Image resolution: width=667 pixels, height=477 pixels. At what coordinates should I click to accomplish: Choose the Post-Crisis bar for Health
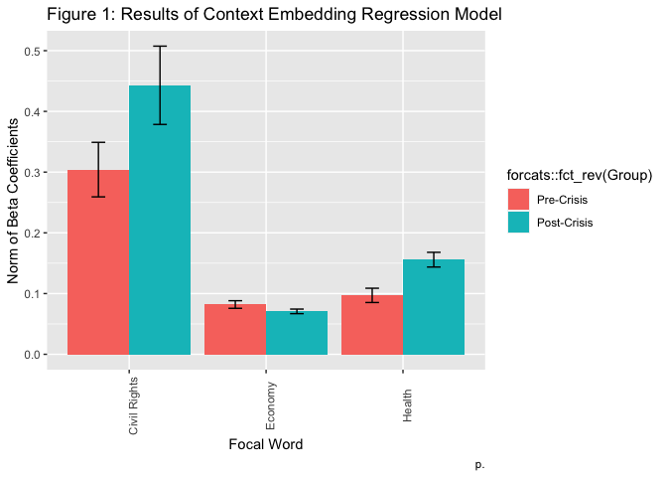[x=434, y=307]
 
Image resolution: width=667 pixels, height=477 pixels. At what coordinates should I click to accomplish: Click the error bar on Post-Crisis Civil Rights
[x=159, y=84]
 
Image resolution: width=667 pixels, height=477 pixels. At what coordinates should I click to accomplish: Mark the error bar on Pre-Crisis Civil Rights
[x=97, y=169]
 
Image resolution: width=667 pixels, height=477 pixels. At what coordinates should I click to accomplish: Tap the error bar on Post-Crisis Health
[x=434, y=260]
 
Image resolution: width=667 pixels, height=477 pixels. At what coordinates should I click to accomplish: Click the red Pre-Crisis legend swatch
[x=518, y=201]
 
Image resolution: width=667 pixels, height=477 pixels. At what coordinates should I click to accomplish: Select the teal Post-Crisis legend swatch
[x=518, y=223]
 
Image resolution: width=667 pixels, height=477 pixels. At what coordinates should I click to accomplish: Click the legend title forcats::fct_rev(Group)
[x=579, y=176]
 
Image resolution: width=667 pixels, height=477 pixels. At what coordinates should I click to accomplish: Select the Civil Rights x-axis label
[x=134, y=405]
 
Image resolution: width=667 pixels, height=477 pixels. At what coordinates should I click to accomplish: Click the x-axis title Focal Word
[x=265, y=444]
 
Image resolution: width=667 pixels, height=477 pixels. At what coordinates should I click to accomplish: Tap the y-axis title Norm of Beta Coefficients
[x=15, y=203]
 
